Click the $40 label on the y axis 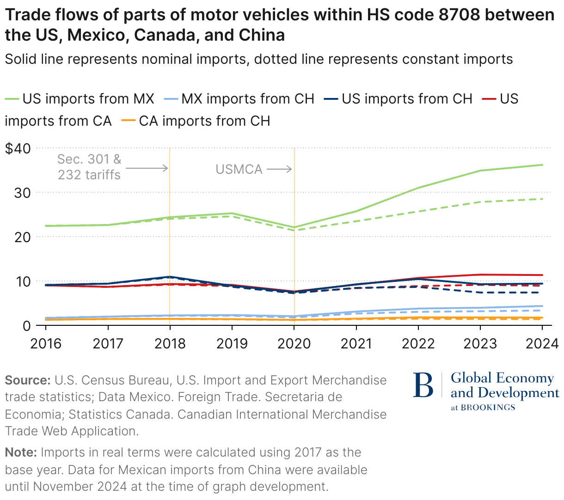(18, 148)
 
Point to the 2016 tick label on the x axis (45, 343)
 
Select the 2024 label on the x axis (542, 343)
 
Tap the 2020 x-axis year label (294, 343)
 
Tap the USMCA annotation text (239, 169)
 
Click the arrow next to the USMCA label (280, 169)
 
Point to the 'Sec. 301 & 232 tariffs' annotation (89, 167)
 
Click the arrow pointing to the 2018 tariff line (147, 168)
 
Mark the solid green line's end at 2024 (542, 165)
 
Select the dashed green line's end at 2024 (542, 199)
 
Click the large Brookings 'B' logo (423, 385)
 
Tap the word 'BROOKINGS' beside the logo (488, 408)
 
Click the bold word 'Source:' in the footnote (27, 380)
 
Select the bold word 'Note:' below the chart (21, 452)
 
